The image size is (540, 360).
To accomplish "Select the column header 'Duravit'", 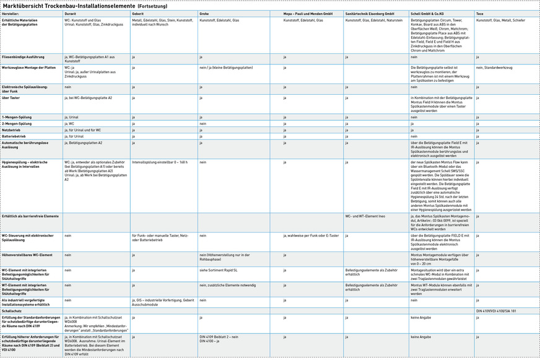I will point(71,13).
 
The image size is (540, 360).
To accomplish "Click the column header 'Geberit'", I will point(138,13).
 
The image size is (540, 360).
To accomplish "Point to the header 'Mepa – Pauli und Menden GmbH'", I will point(308,13).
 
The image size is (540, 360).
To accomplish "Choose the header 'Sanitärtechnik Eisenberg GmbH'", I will point(370,13).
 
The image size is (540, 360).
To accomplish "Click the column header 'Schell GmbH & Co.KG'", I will point(427,13).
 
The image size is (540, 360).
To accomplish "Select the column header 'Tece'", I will point(480,13).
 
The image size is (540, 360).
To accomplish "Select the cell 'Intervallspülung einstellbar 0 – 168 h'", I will point(159,162).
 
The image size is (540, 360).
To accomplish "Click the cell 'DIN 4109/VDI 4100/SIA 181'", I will point(496,310).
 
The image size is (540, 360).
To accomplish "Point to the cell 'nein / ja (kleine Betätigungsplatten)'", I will point(225,67).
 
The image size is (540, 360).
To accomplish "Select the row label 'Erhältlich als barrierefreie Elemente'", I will point(30,216).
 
